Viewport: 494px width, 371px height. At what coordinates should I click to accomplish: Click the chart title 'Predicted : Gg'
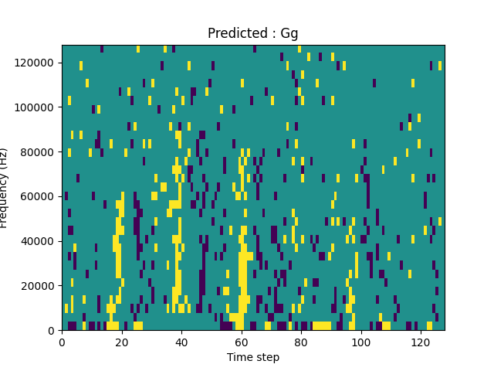253,33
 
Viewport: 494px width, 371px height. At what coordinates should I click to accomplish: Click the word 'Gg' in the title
289,33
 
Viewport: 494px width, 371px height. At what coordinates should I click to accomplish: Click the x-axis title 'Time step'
253,357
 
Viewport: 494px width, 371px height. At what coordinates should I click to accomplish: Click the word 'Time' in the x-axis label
239,357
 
